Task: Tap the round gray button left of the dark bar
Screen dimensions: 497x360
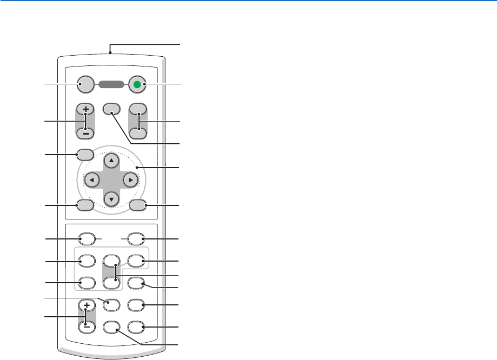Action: (85, 84)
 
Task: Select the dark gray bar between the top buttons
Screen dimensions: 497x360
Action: (112, 84)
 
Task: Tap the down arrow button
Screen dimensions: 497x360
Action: (111, 198)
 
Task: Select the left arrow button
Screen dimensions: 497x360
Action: (92, 179)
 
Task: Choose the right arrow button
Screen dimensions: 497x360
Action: (130, 179)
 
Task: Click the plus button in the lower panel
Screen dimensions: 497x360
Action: (85, 305)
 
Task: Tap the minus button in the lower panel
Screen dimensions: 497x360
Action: (85, 326)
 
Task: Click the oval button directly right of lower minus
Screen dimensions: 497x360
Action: (111, 326)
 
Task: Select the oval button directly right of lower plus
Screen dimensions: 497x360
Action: (111, 304)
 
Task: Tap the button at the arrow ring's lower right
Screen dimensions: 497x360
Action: (138, 205)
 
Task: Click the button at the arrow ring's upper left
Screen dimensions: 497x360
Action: (85, 155)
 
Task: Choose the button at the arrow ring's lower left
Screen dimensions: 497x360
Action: (85, 205)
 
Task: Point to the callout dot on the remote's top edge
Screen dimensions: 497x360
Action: (110, 53)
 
